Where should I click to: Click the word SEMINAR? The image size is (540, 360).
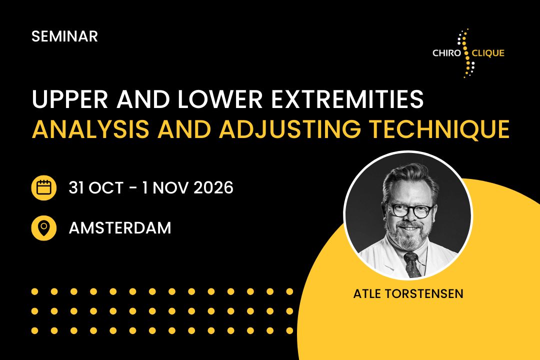click(64, 36)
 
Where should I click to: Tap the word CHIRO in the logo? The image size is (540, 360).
click(446, 53)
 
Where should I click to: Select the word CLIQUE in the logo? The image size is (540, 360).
click(488, 53)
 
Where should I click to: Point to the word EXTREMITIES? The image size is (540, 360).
click(347, 99)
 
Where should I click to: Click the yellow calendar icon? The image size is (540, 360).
click(43, 188)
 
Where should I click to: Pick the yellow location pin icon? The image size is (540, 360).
click(43, 227)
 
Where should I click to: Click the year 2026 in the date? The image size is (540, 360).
click(213, 188)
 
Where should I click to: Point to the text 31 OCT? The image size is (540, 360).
click(95, 188)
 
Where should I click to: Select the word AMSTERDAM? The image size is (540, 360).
click(120, 228)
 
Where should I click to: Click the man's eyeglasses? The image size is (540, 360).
click(410, 210)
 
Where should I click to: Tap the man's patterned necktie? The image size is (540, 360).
click(412, 264)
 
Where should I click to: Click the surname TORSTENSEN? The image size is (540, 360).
click(424, 294)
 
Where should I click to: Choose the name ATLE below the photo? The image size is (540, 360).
click(367, 294)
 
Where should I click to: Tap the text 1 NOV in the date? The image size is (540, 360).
click(164, 188)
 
